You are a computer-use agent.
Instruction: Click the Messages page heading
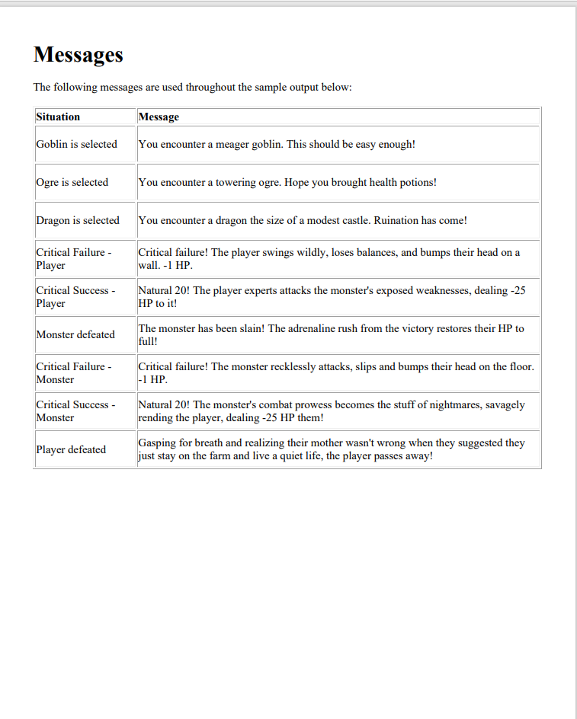(78, 55)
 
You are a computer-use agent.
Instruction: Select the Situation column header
(58, 117)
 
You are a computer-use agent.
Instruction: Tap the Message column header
(159, 117)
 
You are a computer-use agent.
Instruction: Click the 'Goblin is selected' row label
(76, 144)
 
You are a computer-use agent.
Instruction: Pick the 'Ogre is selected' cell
(72, 182)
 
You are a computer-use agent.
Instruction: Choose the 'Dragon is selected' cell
(78, 220)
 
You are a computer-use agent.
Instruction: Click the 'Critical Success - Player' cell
(75, 296)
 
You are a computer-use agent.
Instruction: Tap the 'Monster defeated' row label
(75, 334)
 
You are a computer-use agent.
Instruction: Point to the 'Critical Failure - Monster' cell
(73, 372)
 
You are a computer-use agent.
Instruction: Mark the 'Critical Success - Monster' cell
(75, 411)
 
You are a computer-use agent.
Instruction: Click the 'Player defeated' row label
(71, 449)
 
